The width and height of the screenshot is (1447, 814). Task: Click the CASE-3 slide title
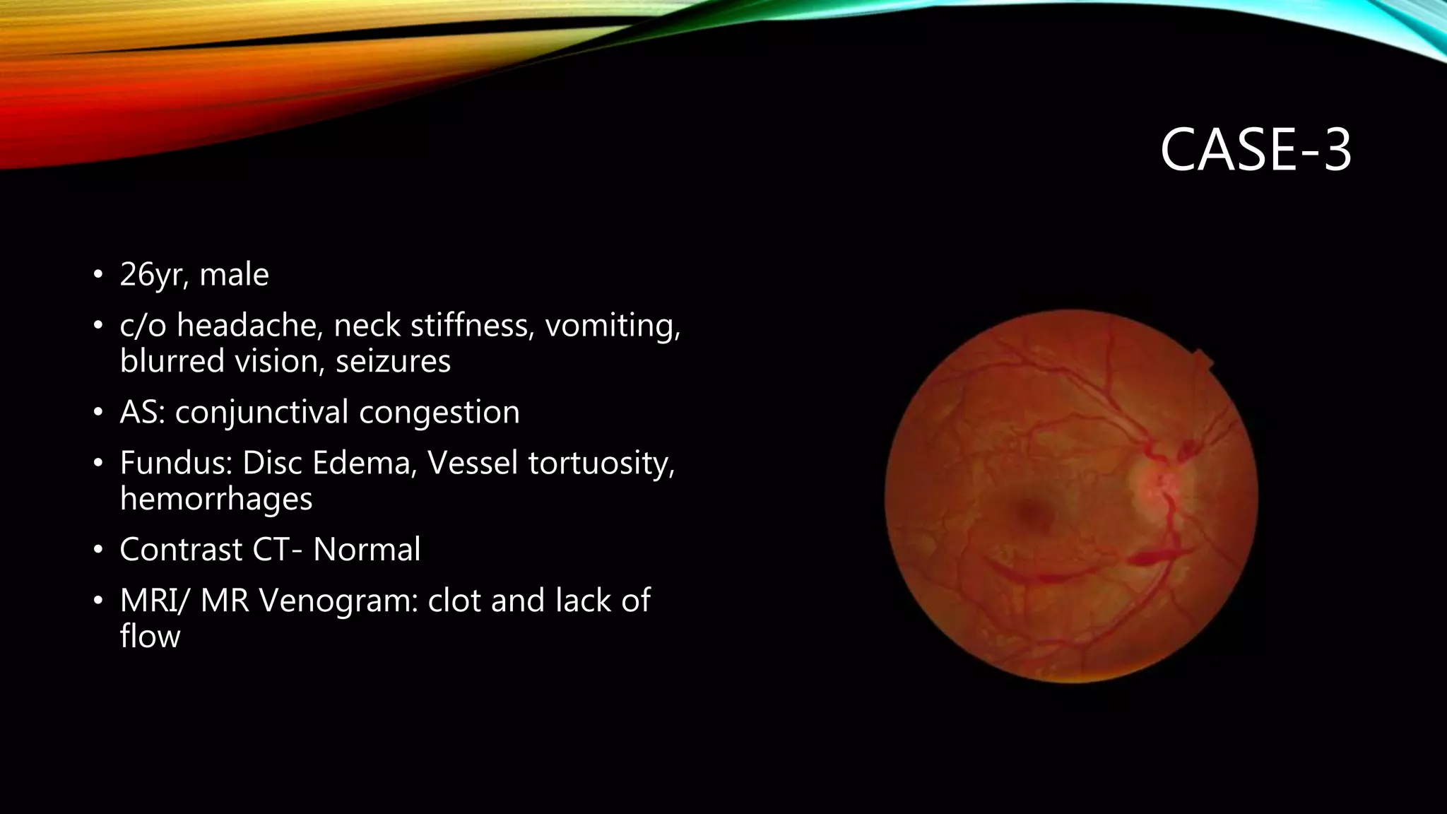tap(1256, 150)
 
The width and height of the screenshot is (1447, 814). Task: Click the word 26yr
tap(153, 276)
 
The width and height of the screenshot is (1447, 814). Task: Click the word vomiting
tap(612, 326)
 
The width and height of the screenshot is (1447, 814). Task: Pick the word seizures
tap(393, 361)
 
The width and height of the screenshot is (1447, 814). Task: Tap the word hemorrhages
tap(216, 499)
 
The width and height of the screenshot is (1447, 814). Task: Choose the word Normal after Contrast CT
tap(367, 550)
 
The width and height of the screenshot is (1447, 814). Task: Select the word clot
tap(454, 601)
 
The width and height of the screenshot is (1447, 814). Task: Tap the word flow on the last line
tap(150, 636)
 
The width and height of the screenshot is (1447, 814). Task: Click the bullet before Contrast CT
tap(98, 550)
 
